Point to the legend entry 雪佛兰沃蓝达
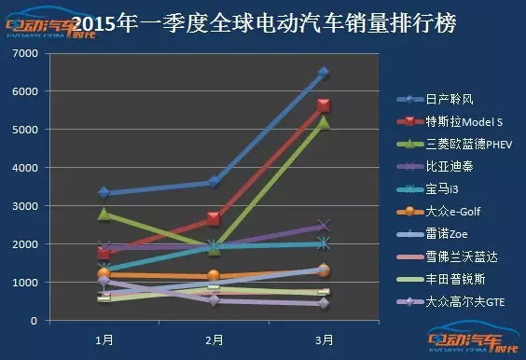454,257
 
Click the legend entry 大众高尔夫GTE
460,302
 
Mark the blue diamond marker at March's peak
324,73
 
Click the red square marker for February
214,219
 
